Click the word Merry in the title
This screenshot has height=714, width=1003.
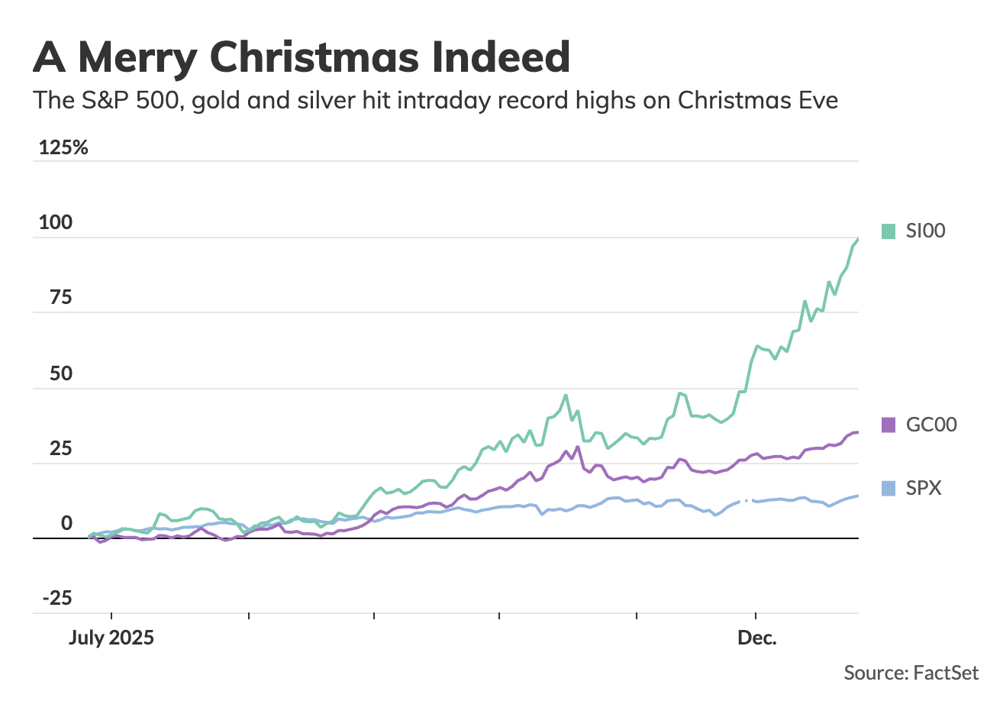tap(137, 57)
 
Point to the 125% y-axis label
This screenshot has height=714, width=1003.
tap(63, 147)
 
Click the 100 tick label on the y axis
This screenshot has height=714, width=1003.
tap(56, 223)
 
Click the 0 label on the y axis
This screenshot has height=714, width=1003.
tap(66, 523)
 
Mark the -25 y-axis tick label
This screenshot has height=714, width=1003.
tap(56, 598)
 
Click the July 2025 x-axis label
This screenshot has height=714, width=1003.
tap(111, 638)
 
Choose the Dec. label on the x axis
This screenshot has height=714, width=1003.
tap(756, 638)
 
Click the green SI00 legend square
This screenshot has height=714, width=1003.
tap(888, 231)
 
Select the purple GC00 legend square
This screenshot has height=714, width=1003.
tap(888, 425)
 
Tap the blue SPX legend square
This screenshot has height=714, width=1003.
tap(888, 488)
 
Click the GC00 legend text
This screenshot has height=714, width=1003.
tap(930, 425)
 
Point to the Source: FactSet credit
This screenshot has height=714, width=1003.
tap(911, 673)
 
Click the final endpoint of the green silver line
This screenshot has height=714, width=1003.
tap(858, 239)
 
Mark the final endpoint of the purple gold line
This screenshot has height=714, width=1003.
tap(858, 432)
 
